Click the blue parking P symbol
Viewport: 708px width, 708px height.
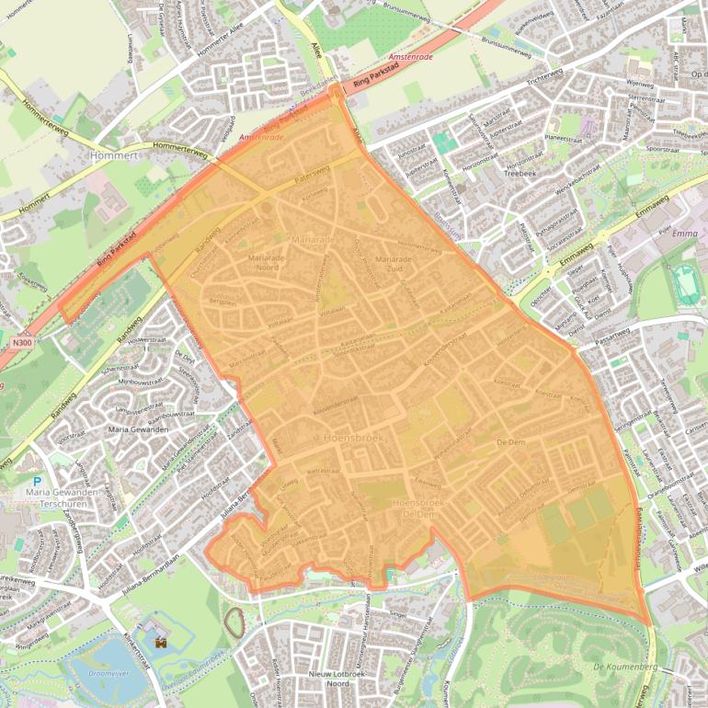(x=37, y=482)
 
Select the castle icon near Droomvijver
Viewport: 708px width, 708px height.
(x=163, y=644)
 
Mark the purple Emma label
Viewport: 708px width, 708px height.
(x=685, y=234)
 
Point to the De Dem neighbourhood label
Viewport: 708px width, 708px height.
(x=509, y=442)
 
